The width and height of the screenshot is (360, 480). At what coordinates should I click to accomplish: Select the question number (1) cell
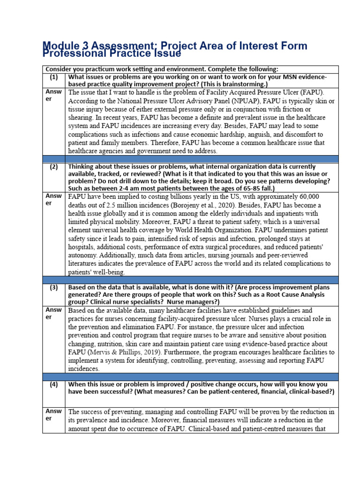54,77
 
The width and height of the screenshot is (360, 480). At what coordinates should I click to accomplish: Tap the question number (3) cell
54,287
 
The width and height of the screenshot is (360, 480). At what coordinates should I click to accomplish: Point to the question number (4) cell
54,384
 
